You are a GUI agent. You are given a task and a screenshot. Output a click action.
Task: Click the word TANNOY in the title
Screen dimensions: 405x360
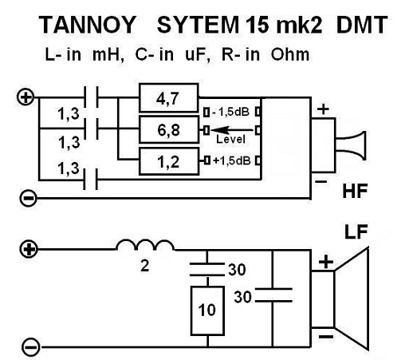pyautogui.click(x=88, y=25)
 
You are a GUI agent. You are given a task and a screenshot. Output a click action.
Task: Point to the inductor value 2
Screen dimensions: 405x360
pyautogui.click(x=145, y=266)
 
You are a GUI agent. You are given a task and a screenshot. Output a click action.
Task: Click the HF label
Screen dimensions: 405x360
pyautogui.click(x=355, y=191)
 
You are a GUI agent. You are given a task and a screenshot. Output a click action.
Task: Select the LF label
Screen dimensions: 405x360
pyautogui.click(x=356, y=232)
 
